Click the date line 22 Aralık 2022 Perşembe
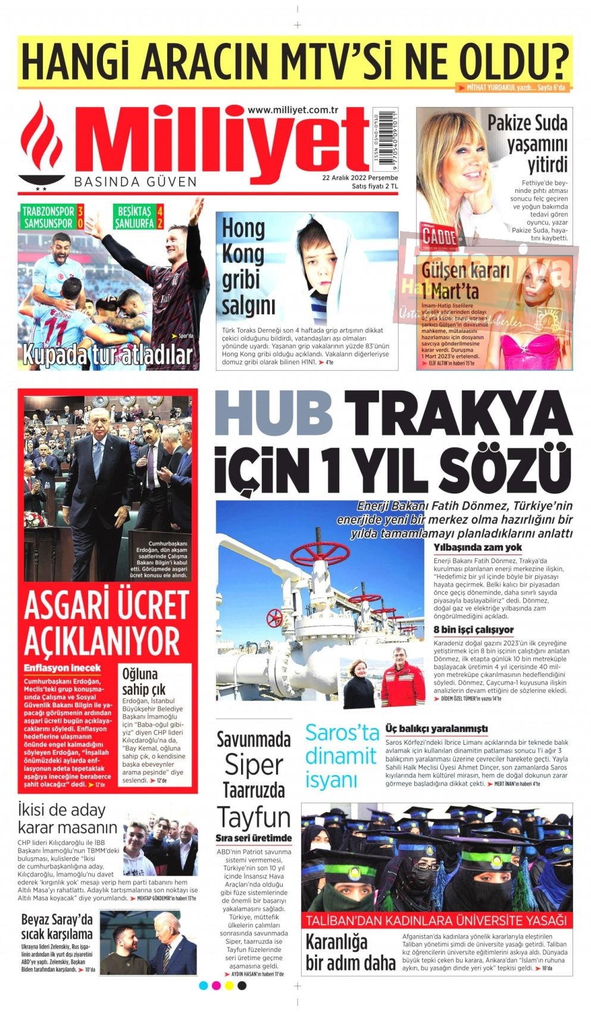coord(360,177)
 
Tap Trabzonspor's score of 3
coord(80,211)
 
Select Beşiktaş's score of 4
coord(160,211)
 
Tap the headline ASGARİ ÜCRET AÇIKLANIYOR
coord(105,623)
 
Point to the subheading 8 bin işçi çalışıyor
coord(473,629)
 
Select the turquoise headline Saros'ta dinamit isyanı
coord(342,756)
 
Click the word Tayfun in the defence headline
coord(254,817)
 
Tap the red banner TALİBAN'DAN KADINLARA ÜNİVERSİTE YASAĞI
coord(436,920)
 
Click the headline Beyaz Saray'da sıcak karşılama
coord(57,926)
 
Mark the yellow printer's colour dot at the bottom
coord(229,986)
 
